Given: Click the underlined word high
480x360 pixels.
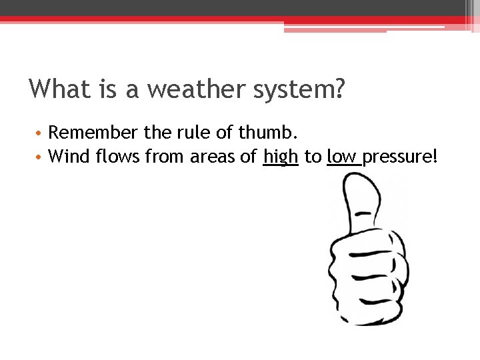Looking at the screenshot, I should (280, 158).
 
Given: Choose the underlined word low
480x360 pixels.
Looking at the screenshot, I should (342, 157).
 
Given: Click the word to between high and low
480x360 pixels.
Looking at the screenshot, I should (312, 158).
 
